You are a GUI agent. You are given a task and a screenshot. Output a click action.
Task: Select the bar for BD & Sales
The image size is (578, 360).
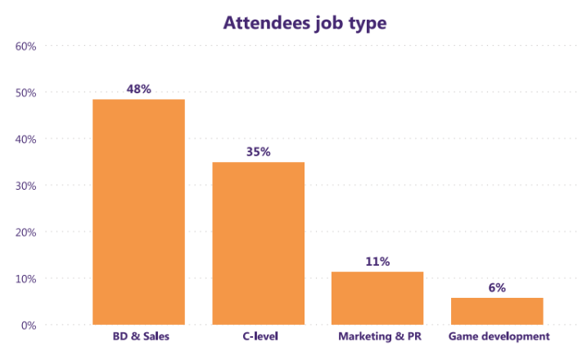click(138, 212)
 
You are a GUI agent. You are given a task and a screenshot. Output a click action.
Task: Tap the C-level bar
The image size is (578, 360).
click(258, 243)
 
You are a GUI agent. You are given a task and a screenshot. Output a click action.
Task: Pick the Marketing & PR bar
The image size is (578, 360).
click(377, 298)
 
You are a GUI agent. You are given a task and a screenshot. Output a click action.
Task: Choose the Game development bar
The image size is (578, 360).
click(497, 311)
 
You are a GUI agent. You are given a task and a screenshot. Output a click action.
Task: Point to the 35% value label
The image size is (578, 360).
click(258, 151)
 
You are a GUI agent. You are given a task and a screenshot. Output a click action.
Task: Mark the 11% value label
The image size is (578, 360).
click(377, 261)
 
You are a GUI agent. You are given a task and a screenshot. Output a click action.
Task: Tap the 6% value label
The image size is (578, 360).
click(497, 287)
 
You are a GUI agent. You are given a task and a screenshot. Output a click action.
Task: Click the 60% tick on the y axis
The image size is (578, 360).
click(25, 46)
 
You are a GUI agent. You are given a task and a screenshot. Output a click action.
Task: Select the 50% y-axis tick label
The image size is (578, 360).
click(25, 92)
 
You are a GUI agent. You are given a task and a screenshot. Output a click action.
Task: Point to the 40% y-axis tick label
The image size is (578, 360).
click(25, 139)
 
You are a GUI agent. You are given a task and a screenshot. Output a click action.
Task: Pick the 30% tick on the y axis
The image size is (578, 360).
click(25, 186)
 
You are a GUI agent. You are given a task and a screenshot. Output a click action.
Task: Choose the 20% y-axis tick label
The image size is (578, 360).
click(25, 232)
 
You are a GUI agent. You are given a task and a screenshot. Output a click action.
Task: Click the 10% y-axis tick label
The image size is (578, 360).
click(25, 279)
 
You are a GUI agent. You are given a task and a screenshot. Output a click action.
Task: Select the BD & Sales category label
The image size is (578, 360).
click(138, 336)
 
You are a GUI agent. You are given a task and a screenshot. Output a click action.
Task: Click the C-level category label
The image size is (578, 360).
click(258, 336)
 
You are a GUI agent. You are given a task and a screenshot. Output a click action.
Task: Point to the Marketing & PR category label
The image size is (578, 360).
click(377, 336)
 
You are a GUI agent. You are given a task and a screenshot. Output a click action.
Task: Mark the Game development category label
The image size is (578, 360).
click(497, 336)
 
